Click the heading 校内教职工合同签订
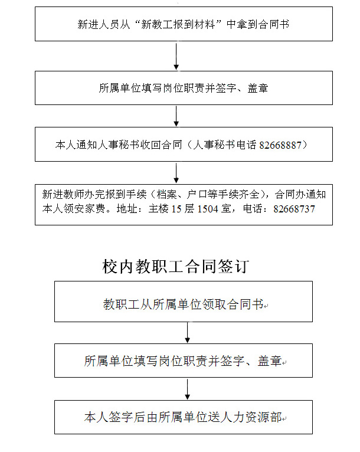175,267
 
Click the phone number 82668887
283,145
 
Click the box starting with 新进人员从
184,24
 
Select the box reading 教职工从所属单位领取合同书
184,302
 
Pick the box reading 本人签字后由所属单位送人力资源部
184,417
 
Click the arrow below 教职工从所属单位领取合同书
188,332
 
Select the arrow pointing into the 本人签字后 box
188,389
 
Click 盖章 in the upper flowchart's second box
258,89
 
